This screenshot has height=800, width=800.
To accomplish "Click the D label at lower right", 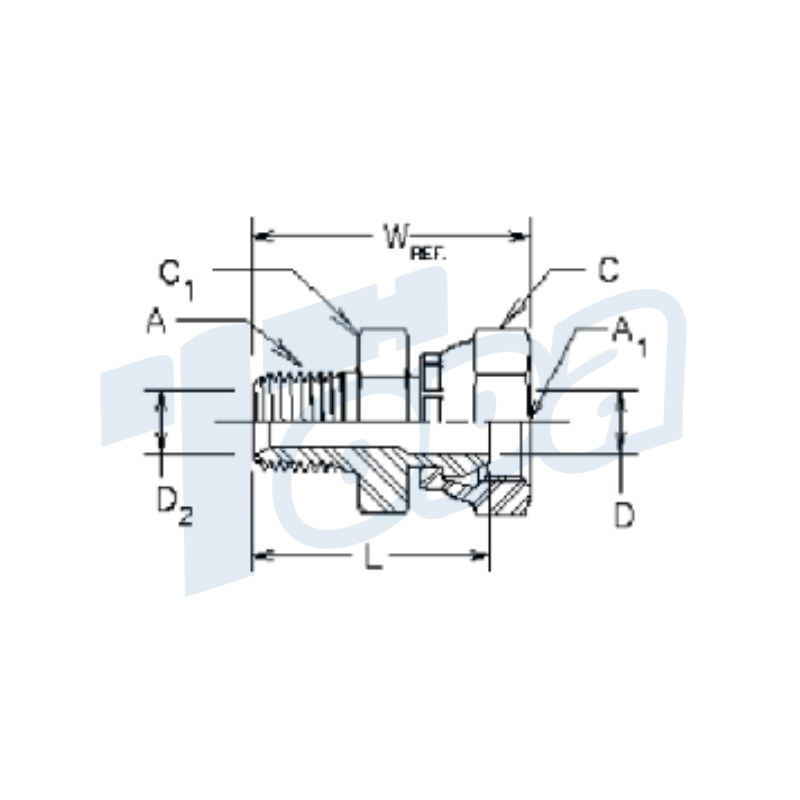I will click(624, 517).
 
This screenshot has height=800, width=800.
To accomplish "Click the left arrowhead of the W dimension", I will click(258, 237).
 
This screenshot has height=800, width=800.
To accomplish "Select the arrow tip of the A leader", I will click(301, 366).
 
